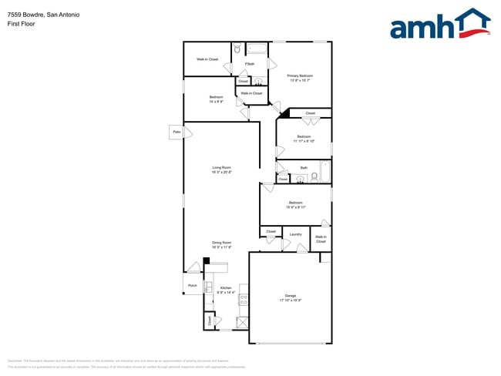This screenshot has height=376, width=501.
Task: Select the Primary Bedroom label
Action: click(300, 76)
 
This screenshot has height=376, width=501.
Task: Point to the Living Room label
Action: click(222, 167)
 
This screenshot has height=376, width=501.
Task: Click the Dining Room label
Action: click(222, 243)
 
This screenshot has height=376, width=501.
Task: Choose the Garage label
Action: click(291, 296)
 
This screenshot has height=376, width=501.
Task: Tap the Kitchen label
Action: click(224, 288)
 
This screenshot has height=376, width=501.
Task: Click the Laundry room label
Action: click(295, 234)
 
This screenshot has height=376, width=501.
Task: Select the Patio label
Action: click(177, 132)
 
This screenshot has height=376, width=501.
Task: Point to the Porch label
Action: click(193, 285)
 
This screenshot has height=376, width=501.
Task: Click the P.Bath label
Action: click(250, 63)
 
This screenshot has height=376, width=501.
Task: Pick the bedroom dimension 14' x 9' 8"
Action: click(216, 102)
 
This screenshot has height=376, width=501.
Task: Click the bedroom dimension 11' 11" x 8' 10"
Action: click(304, 141)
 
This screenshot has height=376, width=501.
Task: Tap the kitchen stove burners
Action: click(244, 294)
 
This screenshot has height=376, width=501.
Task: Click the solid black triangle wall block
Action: click(284, 113)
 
